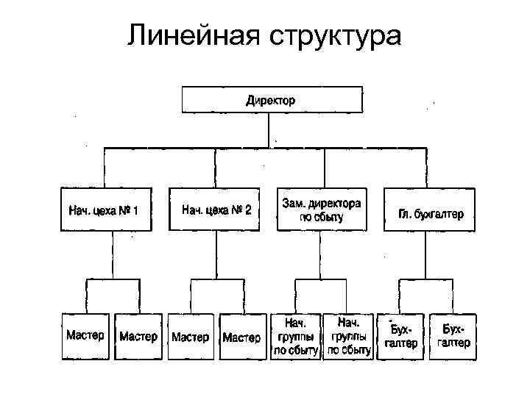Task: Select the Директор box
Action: pyautogui.click(x=272, y=99)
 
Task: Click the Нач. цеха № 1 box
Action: pyautogui.click(x=106, y=210)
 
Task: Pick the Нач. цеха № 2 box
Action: pyautogui.click(x=216, y=210)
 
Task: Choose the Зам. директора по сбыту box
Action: pyautogui.click(x=322, y=210)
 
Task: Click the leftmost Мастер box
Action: pyautogui.click(x=86, y=337)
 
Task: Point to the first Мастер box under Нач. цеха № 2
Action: pyautogui.click(x=191, y=337)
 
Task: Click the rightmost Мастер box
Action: pyautogui.click(x=241, y=337)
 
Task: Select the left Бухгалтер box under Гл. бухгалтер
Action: pyautogui.click(x=401, y=337)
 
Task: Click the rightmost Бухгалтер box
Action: pyautogui.click(x=453, y=337)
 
